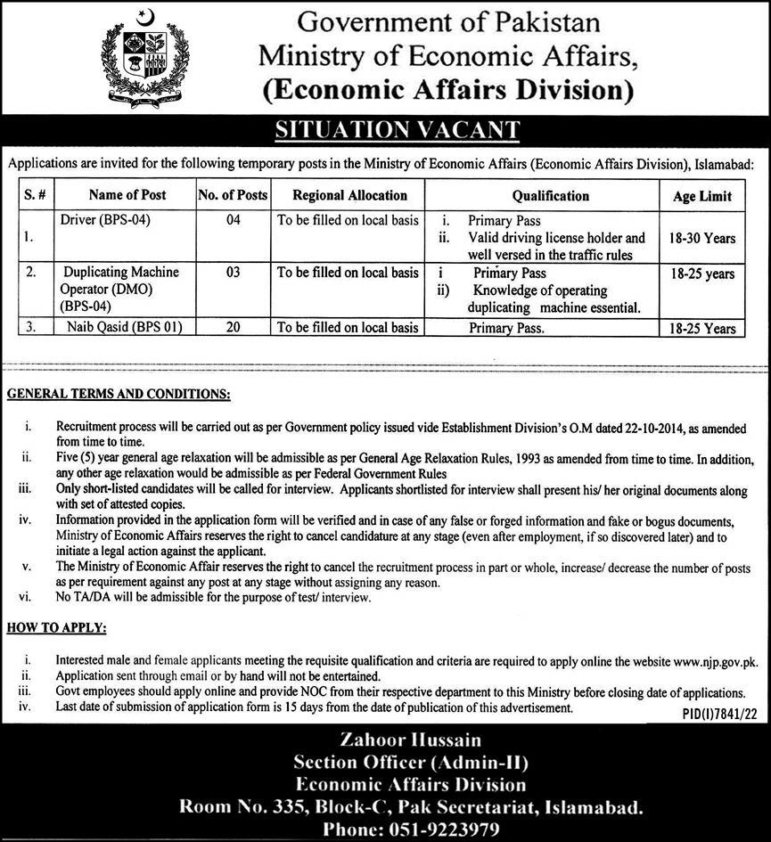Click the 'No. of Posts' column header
click(233, 195)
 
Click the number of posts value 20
click(234, 328)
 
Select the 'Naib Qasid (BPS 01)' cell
click(122, 328)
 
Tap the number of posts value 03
click(234, 273)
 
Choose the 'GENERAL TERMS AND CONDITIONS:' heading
click(119, 393)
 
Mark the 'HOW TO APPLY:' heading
click(57, 629)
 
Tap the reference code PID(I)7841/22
click(713, 715)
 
